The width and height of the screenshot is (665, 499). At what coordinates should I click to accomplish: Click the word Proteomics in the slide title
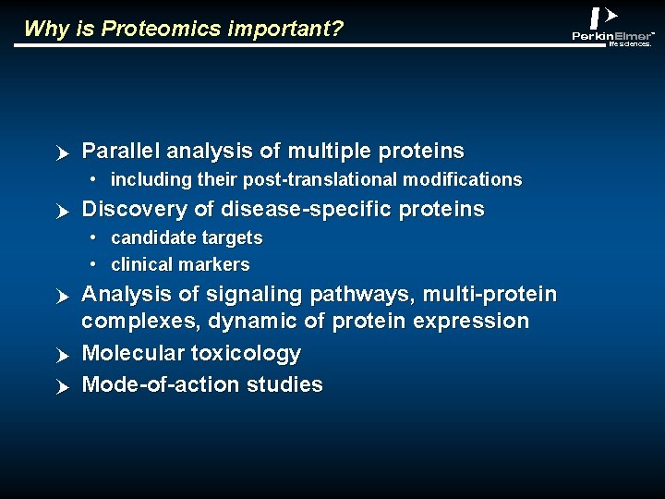tap(161, 29)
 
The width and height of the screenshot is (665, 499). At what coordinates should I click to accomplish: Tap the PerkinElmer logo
tap(612, 27)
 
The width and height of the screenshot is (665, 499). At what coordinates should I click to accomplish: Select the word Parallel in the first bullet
tap(120, 151)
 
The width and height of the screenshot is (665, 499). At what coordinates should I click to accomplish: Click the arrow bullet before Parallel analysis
tap(63, 153)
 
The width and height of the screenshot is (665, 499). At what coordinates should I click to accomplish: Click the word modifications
tap(463, 179)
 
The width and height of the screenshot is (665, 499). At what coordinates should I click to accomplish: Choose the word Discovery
tap(134, 210)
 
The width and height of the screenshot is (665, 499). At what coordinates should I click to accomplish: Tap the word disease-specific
tap(306, 210)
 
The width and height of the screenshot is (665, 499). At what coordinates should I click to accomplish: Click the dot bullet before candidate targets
tap(93, 237)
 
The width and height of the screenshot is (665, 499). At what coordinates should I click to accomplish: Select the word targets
tap(232, 238)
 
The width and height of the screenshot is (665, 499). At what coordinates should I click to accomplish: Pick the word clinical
tap(142, 264)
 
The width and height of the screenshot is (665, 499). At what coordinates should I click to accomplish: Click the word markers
tap(214, 265)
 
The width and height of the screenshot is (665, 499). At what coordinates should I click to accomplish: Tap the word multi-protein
tap(490, 295)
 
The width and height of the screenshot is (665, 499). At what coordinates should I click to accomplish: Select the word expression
tap(471, 322)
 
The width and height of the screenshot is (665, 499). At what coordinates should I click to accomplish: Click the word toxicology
tap(246, 354)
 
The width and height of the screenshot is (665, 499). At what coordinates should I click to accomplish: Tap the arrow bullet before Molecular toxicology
tap(63, 356)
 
